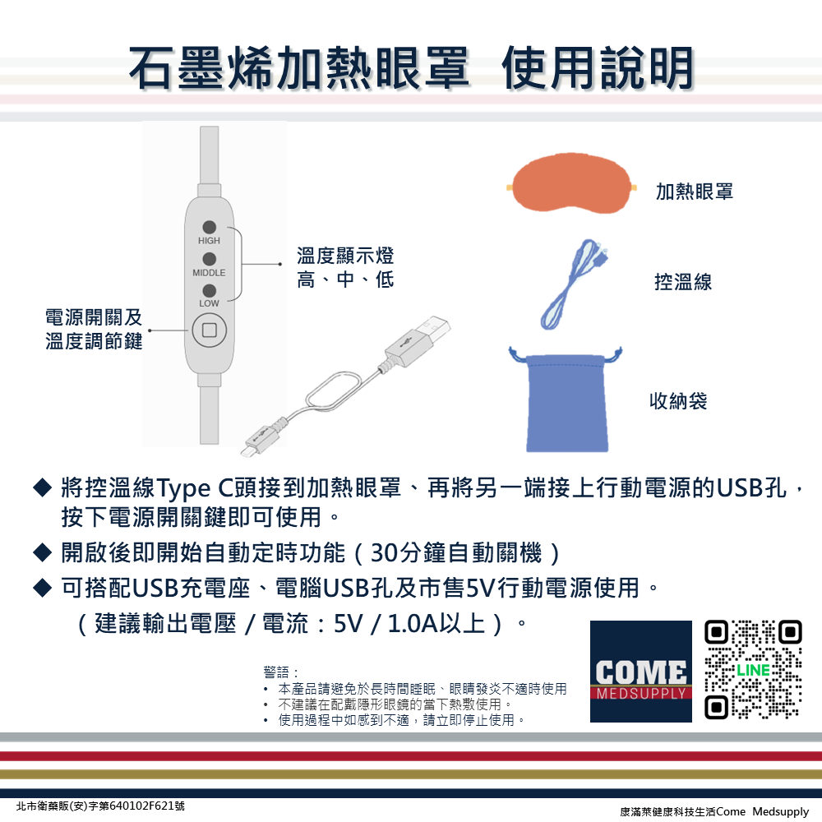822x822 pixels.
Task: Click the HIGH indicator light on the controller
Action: pos(209,227)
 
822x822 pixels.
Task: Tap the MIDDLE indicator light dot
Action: pos(209,259)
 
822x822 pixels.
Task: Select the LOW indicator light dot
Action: pos(209,290)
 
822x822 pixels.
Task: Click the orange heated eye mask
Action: pos(572,183)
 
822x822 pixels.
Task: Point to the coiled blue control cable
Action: pos(574,284)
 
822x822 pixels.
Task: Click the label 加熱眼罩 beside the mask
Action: pos(695,192)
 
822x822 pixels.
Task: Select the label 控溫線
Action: pos(684,282)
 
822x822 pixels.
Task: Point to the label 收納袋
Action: pos(678,401)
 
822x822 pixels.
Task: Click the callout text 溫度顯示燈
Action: pos(345,256)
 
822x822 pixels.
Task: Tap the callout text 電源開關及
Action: pos(94,317)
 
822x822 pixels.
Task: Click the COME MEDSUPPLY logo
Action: pos(640,672)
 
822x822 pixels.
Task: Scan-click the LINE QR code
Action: pos(753,670)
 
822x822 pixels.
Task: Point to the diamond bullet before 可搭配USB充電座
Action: pos(42,588)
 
